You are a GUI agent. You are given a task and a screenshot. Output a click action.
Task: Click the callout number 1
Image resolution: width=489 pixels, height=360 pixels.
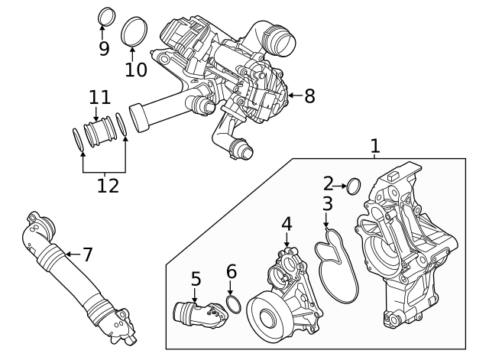click(374, 145)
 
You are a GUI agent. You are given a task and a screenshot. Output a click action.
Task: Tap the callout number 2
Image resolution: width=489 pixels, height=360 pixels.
click(328, 183)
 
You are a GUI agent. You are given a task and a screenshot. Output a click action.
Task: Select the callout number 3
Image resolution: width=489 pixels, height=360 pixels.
click(327, 204)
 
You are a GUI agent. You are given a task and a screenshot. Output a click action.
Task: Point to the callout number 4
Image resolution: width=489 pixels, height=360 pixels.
click(287, 224)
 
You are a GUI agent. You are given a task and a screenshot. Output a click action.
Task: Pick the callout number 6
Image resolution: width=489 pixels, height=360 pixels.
click(232, 271)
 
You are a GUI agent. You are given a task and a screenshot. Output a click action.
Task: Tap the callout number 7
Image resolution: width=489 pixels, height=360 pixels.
click(87, 253)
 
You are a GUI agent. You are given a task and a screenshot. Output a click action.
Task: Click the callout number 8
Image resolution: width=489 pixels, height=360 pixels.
click(309, 96)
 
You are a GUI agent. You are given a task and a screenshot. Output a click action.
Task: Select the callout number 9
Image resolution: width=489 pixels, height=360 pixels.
click(104, 48)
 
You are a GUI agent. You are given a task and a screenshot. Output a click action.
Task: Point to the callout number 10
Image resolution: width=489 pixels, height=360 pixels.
click(135, 69)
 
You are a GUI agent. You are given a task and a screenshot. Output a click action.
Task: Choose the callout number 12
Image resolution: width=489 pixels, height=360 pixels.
click(108, 186)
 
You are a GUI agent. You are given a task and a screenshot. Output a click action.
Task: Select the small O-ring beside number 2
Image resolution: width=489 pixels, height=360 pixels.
click(354, 185)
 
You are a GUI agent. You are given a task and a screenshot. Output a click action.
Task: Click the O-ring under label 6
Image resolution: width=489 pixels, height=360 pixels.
click(235, 306)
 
